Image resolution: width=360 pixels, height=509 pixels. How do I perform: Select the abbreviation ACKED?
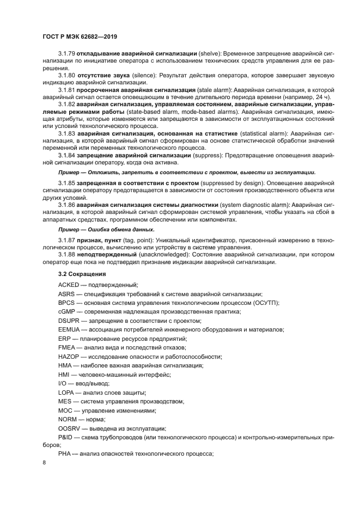point(68,285)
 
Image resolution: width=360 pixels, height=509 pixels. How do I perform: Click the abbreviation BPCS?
point(67,302)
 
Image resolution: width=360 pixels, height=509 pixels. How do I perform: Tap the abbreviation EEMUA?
point(69,329)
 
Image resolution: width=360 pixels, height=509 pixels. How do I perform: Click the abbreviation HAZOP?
point(69,356)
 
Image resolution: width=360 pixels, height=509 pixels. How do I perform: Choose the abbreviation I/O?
point(62,383)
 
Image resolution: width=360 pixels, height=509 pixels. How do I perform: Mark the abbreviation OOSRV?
point(69,427)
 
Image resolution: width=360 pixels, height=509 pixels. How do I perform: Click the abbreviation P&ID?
point(66,436)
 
